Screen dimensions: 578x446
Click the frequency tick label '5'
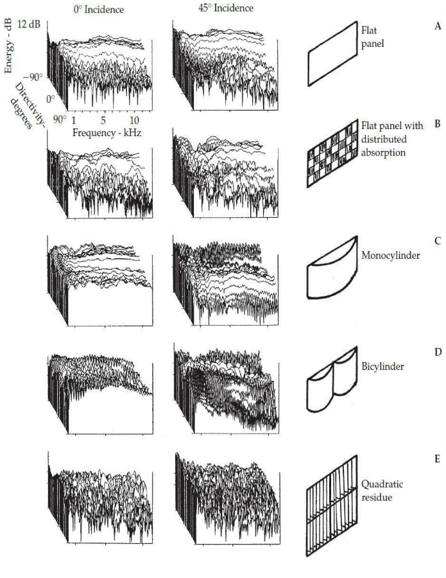point(103,120)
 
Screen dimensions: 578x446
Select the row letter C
point(437,241)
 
